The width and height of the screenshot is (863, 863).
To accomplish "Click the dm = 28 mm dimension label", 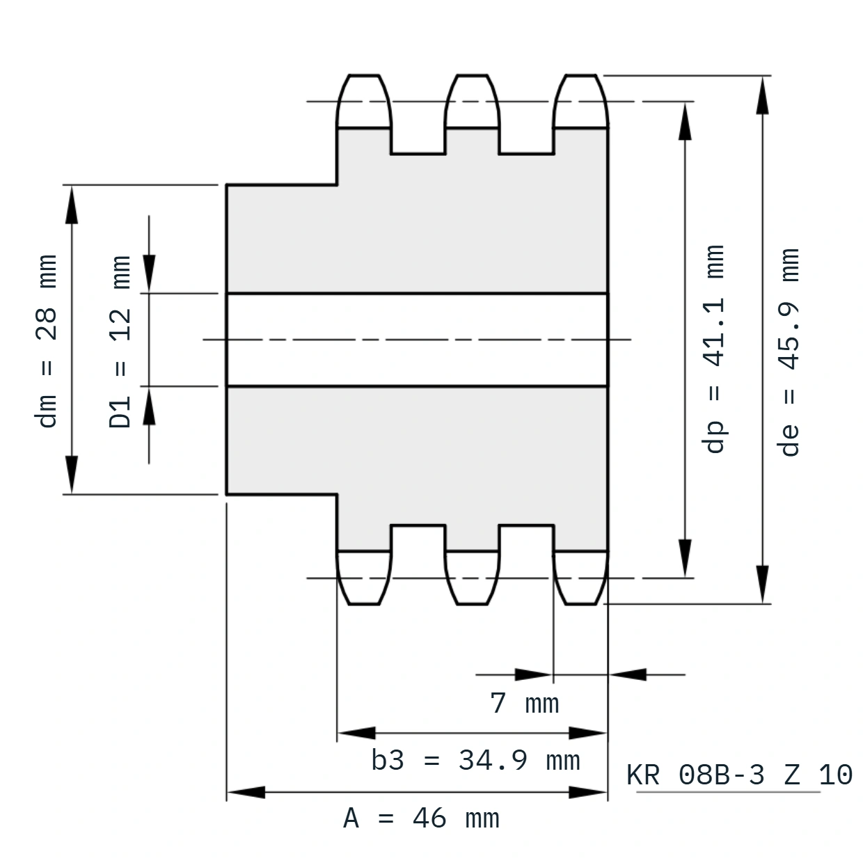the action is pyautogui.click(x=46, y=341).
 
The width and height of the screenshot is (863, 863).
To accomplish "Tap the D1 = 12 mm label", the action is pyautogui.click(x=120, y=342).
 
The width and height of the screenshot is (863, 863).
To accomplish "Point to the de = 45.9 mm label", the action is pyautogui.click(x=788, y=352).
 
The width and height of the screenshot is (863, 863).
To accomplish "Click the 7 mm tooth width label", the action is pyautogui.click(x=525, y=704).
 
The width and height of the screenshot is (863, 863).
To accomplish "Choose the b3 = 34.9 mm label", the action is pyautogui.click(x=475, y=761).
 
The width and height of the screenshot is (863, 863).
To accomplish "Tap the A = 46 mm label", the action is pyautogui.click(x=422, y=818).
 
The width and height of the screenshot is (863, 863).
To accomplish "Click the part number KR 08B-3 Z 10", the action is pyautogui.click(x=739, y=775).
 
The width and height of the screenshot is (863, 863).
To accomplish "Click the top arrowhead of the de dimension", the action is pyautogui.click(x=762, y=95).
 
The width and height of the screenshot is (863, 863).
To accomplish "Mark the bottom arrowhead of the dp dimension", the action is pyautogui.click(x=685, y=557).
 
